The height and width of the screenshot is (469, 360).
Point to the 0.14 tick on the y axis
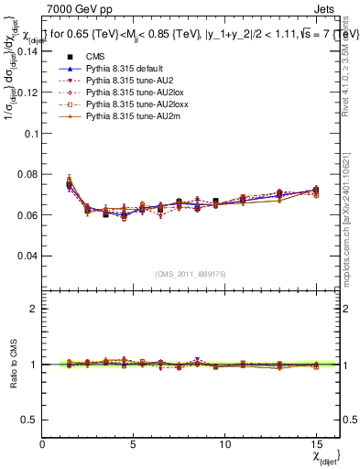[27, 51]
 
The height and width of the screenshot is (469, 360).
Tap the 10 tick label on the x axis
[224, 444]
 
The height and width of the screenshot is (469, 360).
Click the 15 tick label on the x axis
[315, 444]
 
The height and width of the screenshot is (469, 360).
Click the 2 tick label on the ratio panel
[35, 309]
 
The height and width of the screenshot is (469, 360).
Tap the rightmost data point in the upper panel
[316, 191]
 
